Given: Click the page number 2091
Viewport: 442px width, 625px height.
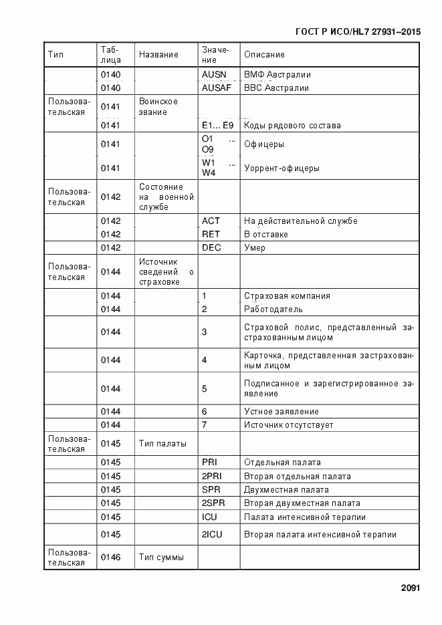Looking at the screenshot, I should pyautogui.click(x=409, y=588).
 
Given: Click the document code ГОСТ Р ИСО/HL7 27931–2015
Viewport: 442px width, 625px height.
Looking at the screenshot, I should pyautogui.click(x=356, y=31).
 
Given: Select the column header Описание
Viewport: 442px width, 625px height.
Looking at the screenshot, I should pyautogui.click(x=264, y=55).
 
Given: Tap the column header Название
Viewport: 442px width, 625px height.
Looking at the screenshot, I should pyautogui.click(x=158, y=55).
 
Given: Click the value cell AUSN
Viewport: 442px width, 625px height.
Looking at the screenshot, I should pyautogui.click(x=214, y=75).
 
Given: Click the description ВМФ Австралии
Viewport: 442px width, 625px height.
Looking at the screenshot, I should pyautogui.click(x=278, y=75).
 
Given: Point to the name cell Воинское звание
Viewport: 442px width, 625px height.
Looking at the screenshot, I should pyautogui.click(x=158, y=107).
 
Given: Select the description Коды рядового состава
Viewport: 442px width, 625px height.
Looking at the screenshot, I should pyautogui.click(x=292, y=126).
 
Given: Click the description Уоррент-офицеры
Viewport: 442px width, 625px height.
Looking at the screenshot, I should pyautogui.click(x=281, y=168).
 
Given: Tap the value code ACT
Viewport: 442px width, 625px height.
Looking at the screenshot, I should pyautogui.click(x=211, y=221).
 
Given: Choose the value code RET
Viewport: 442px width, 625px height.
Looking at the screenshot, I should pyautogui.click(x=211, y=235).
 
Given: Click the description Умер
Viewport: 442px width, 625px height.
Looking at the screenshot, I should pyautogui.click(x=255, y=248).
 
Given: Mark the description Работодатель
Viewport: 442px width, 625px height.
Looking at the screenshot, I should pyautogui.click(x=273, y=309).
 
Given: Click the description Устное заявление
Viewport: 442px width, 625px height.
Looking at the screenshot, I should pyautogui.click(x=281, y=412).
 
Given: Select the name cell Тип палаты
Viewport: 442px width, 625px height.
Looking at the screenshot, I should pyautogui.click(x=162, y=444).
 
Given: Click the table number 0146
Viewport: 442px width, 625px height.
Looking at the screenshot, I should pyautogui.click(x=110, y=557).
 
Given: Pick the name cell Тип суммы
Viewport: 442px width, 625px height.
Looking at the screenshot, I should pyautogui.click(x=161, y=557).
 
